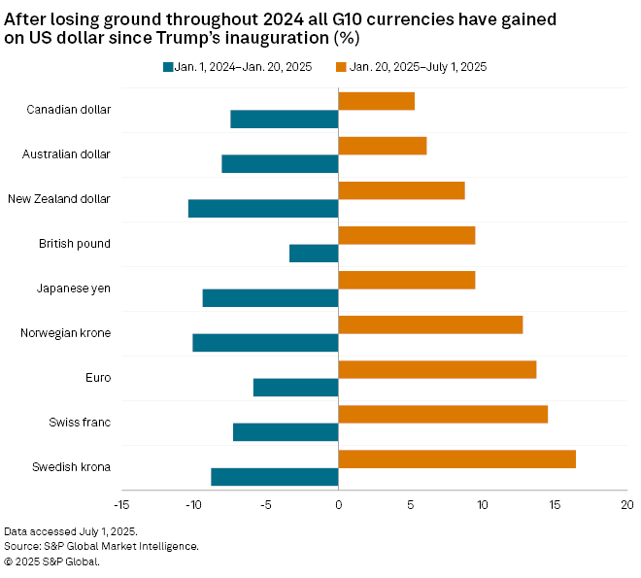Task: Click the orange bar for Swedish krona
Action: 456,459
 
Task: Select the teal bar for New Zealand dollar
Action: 263,208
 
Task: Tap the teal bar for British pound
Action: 314,253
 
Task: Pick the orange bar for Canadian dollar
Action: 376,101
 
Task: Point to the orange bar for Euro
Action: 437,369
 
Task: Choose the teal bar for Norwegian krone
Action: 265,342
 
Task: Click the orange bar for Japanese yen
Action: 406,280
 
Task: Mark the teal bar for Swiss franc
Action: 286,431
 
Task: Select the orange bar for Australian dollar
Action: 382,146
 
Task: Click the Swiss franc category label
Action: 80,423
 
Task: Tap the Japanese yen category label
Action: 73,289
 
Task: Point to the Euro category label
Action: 98,378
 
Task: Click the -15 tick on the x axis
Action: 120,505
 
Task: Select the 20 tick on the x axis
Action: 626,505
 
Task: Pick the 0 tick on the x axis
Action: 338,505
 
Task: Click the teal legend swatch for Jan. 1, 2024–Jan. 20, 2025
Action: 168,67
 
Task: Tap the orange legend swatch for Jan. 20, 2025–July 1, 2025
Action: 340,67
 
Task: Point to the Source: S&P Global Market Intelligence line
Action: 101,546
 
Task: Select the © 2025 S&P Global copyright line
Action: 51,561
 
